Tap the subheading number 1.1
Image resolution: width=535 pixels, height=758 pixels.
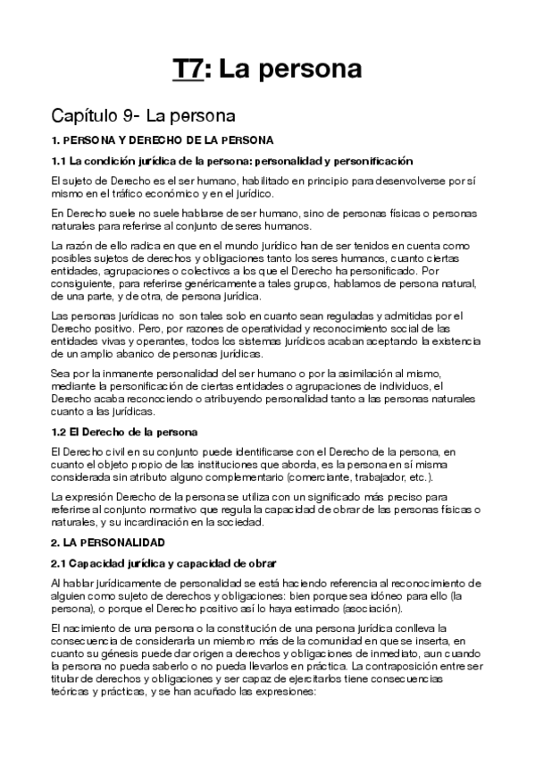pyautogui.click(x=60, y=161)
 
